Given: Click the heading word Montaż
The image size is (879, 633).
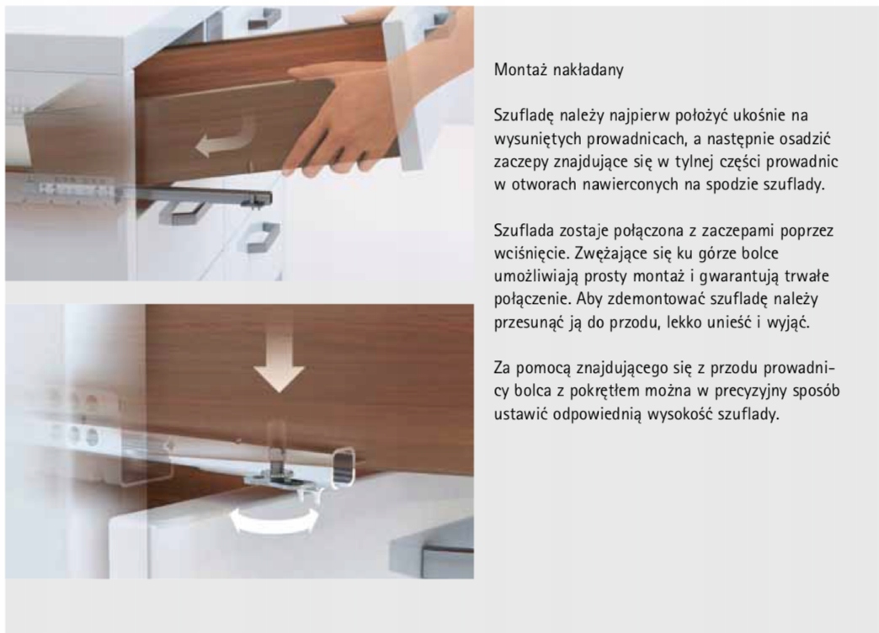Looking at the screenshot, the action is coord(520,70).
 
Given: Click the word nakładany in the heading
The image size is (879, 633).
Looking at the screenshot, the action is coord(588,71).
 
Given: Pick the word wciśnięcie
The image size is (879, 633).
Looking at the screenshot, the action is coord(531,253).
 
